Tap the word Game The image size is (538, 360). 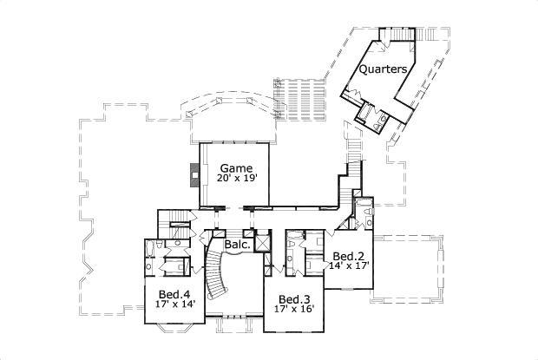point(236,167)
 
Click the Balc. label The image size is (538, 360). point(237,245)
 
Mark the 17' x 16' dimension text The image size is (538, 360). point(294,309)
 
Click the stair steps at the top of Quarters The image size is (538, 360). point(402,32)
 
